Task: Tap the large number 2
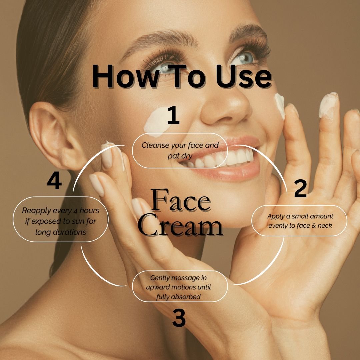pos(300,188)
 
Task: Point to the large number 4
pos(54,182)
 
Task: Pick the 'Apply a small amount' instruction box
pos(299,221)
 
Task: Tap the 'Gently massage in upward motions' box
pos(180,287)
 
